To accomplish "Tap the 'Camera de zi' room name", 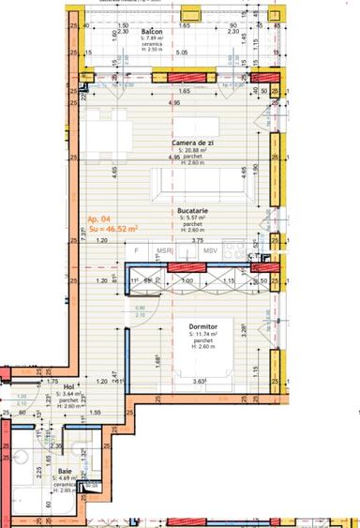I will tap(193, 143).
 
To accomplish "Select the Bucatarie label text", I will tap(192, 212).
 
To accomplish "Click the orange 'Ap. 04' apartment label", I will tap(99, 218).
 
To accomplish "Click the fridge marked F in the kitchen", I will tap(137, 250).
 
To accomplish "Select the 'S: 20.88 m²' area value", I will tap(193, 151).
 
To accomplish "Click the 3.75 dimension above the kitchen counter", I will tap(198, 240).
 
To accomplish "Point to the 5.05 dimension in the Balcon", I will tap(182, 53).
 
